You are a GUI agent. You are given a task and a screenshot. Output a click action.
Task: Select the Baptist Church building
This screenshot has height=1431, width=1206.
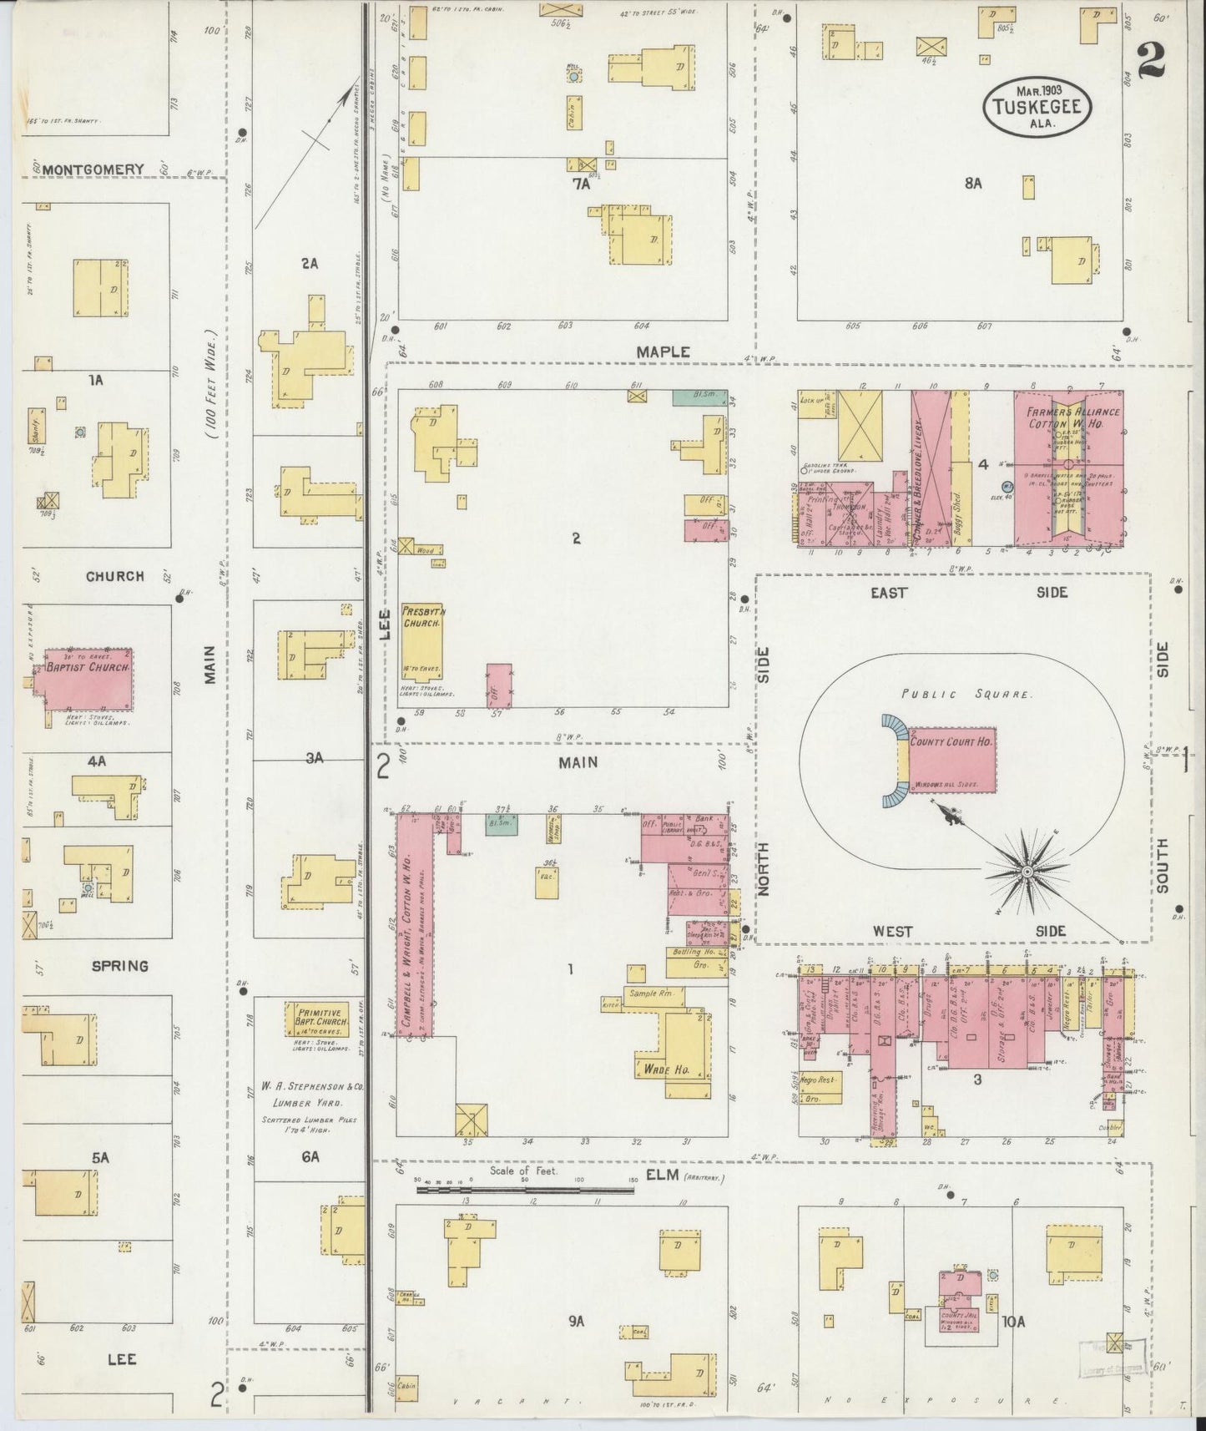(x=88, y=679)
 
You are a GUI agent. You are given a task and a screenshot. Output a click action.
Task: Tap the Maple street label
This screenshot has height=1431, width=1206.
(x=663, y=352)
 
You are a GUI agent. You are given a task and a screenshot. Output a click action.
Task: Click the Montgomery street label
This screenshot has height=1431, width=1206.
(x=93, y=169)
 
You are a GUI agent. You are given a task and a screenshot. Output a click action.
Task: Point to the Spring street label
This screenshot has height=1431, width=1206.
(x=119, y=966)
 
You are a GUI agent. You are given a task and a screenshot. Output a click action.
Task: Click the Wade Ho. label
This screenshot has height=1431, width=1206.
(x=665, y=1068)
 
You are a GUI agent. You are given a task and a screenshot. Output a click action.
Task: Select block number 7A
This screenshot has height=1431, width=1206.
(x=581, y=185)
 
